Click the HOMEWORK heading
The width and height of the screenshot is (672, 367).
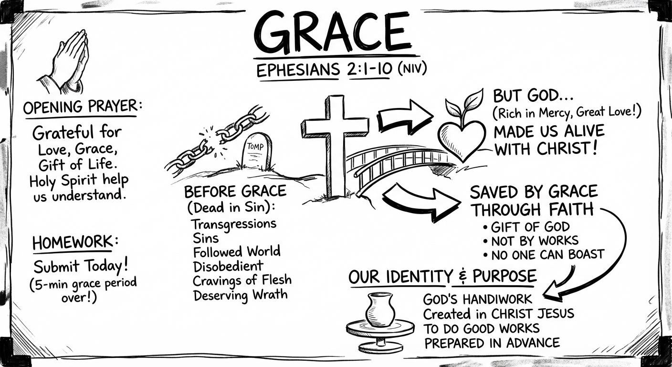(x=72, y=243)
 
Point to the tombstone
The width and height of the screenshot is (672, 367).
(x=256, y=151)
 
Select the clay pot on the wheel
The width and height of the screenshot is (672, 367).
(x=380, y=311)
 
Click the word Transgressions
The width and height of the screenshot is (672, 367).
(x=234, y=223)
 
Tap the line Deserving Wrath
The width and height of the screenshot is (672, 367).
(x=241, y=294)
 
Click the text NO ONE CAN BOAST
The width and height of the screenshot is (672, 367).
(x=545, y=254)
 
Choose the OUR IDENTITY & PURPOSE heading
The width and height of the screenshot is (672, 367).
(x=442, y=277)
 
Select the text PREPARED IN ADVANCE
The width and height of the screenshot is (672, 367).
(x=492, y=343)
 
